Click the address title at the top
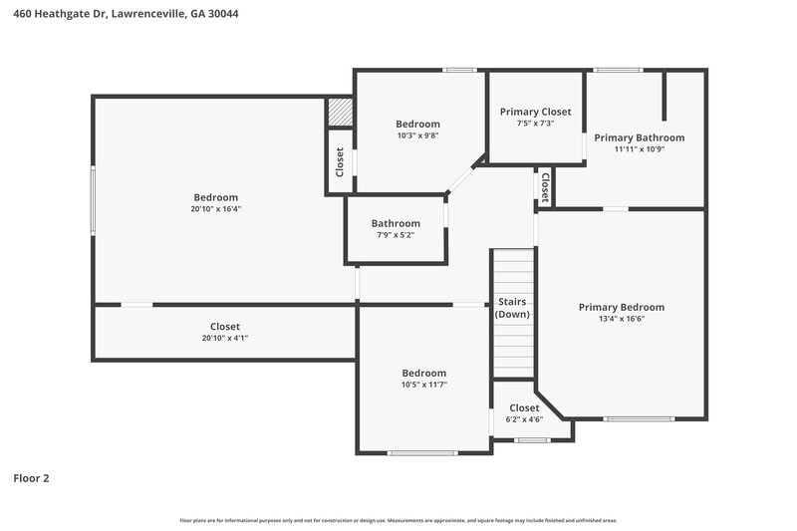point(125,14)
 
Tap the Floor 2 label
point(31,478)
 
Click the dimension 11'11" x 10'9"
point(639,149)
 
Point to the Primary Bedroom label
point(621,307)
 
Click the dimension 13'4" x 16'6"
point(621,319)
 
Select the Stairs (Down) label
point(512,308)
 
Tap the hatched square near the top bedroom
point(342,112)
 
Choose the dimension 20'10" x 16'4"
point(215,209)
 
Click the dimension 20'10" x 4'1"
point(224,338)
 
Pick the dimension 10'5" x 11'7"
point(423,384)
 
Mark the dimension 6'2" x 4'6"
point(524,419)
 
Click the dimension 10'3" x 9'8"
point(417,135)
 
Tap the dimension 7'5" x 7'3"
point(535,124)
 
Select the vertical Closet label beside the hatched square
point(340,161)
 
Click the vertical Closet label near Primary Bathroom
point(545,185)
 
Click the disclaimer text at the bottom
point(398,520)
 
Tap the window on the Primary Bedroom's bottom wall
point(633,418)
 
